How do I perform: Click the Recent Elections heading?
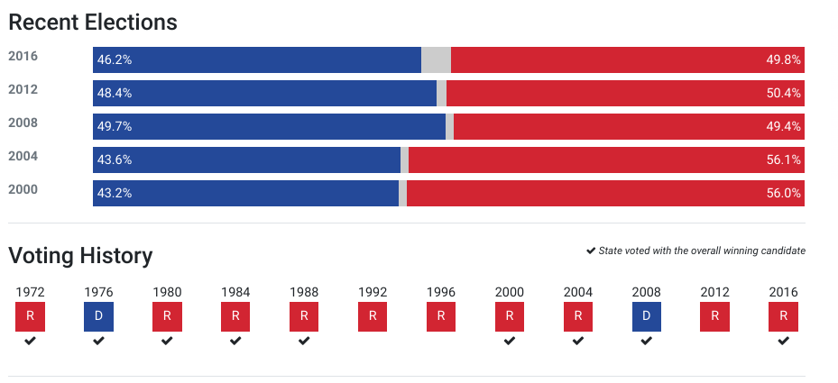coord(93,22)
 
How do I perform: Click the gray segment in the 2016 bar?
coord(436,59)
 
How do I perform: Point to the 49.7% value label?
coord(115,126)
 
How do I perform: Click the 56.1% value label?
coord(784,160)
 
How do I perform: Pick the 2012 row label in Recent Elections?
coord(23,89)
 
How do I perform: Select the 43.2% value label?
coord(115,193)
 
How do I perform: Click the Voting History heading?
coord(80,256)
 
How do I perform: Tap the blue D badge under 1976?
coord(98,317)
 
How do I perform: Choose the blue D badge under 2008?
coord(647,317)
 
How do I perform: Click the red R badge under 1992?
coord(373,317)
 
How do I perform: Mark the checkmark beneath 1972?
coord(30,341)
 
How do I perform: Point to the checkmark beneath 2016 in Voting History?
coord(784,341)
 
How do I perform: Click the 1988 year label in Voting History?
coord(304,292)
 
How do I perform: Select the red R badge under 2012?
coord(715,317)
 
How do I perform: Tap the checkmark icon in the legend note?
coord(591,251)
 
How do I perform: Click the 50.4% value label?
coord(784,93)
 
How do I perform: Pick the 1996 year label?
coord(441,292)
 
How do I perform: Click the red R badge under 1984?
coord(235,317)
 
